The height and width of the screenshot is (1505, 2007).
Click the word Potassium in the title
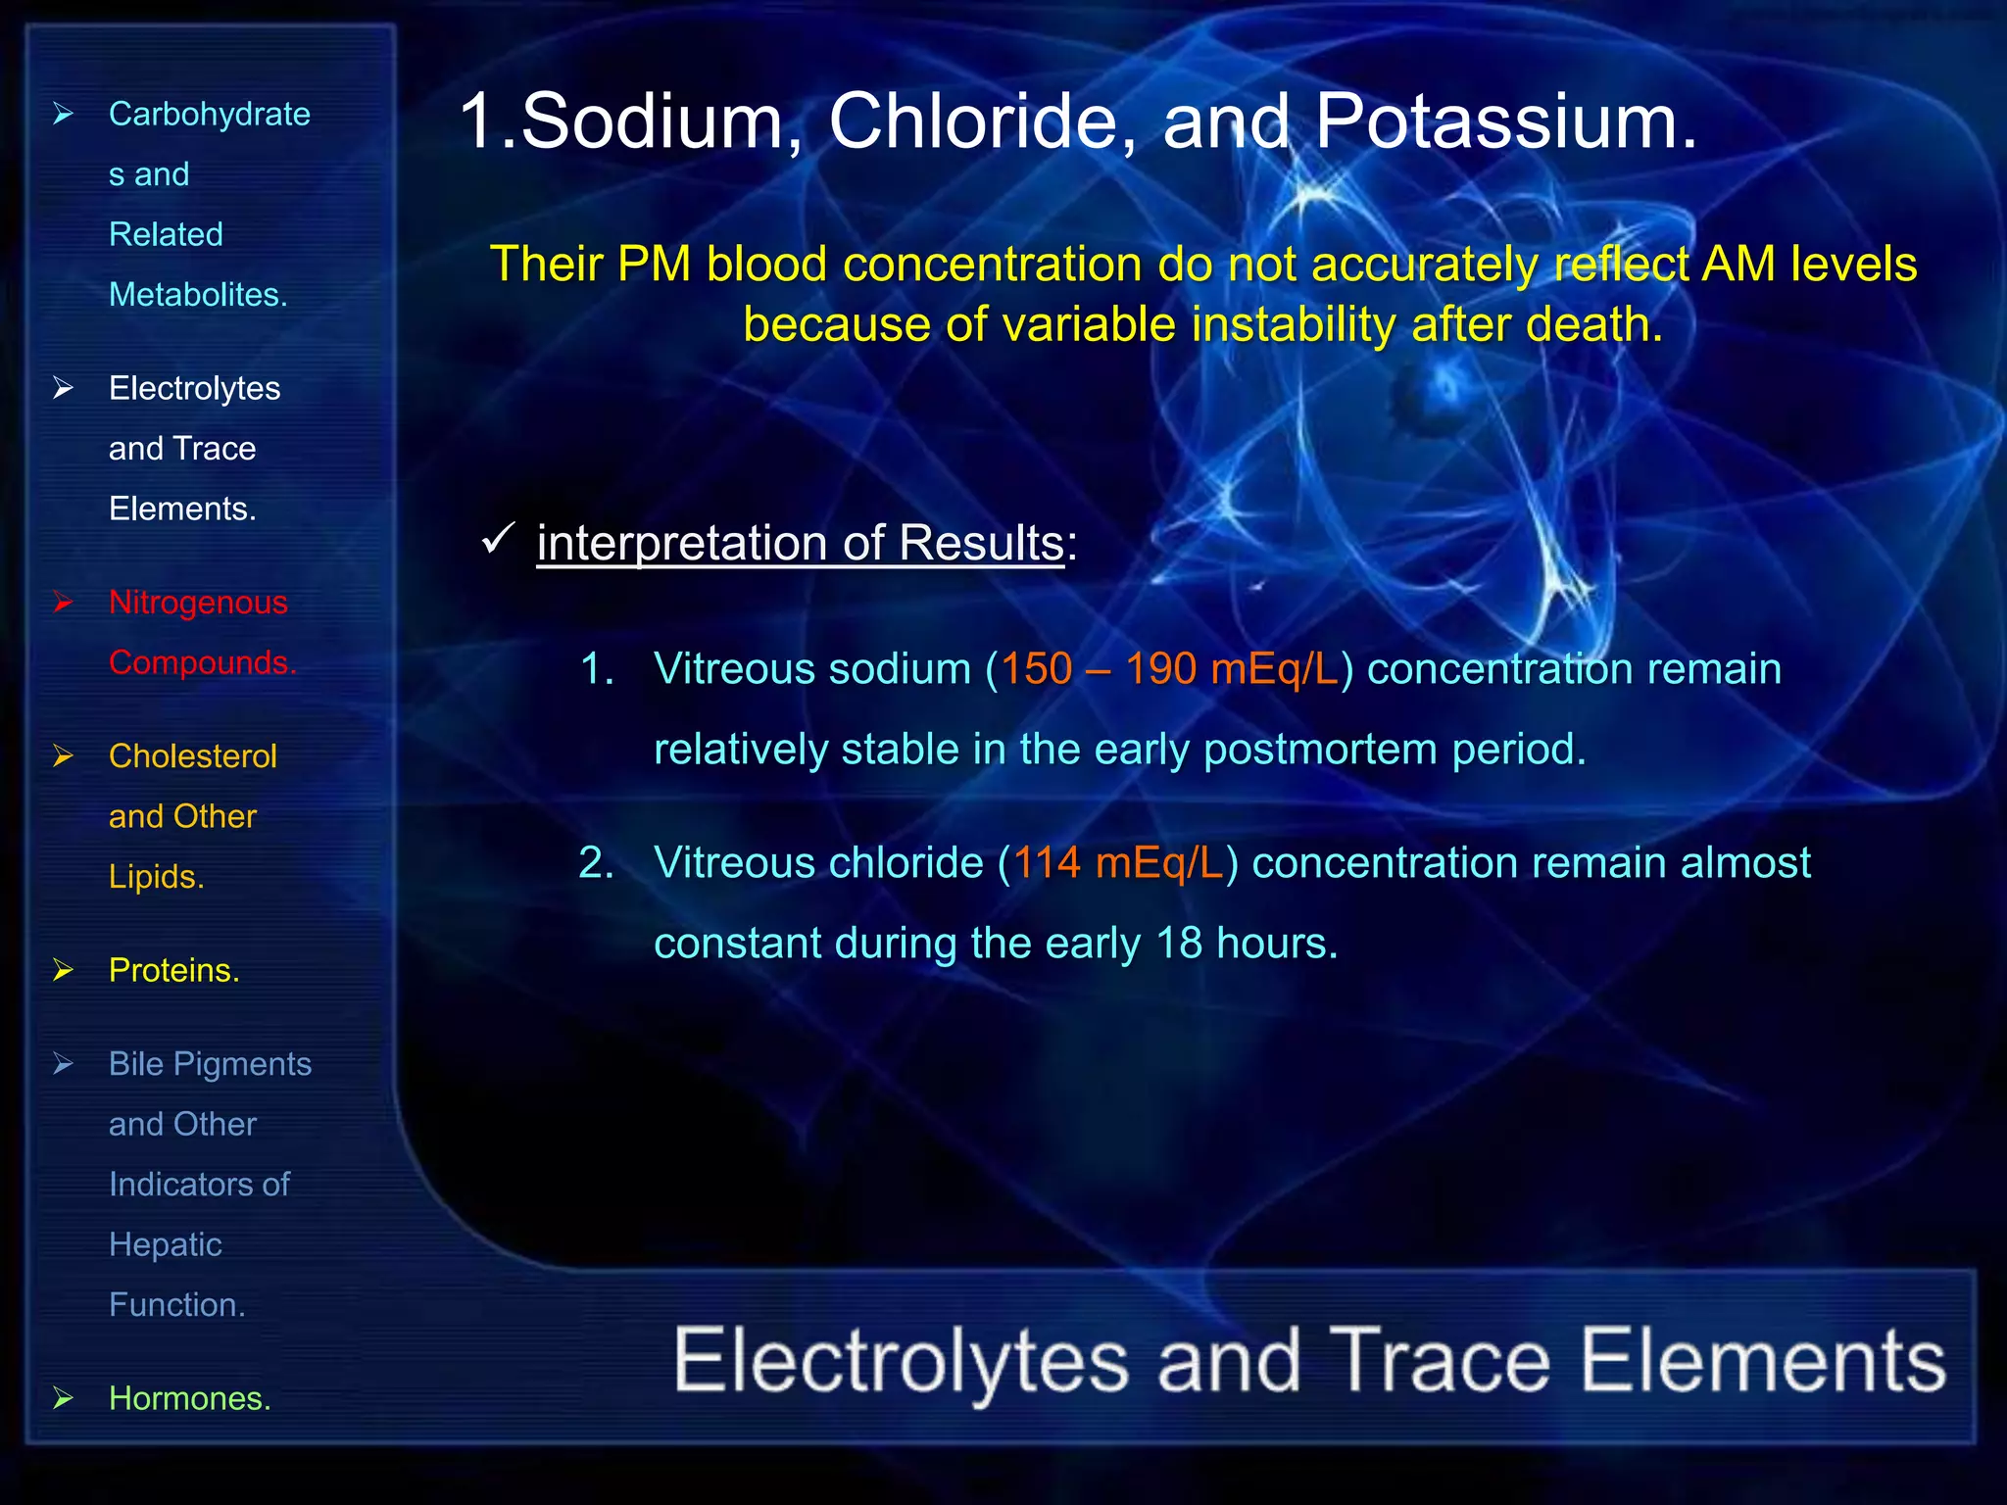[x=1504, y=122]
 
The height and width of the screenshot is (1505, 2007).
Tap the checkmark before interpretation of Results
[x=499, y=538]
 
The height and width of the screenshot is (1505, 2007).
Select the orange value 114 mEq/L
[x=1118, y=863]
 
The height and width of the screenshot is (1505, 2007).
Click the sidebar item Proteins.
[x=173, y=970]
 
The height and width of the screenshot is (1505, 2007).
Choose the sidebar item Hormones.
[x=189, y=1398]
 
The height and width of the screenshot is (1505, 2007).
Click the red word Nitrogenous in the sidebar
[x=198, y=603]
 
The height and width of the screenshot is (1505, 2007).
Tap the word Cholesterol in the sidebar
[x=192, y=756]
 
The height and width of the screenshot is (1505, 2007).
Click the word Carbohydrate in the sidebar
[x=209, y=115]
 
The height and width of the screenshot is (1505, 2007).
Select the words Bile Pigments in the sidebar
[x=210, y=1064]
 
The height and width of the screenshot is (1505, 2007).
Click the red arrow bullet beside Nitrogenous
[x=64, y=603]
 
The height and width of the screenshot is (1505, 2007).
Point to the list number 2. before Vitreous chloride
[x=596, y=863]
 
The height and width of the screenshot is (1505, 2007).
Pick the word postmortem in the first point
[x=1320, y=750]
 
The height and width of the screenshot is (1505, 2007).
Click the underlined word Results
[x=981, y=543]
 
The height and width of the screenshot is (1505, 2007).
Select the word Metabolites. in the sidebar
[x=198, y=295]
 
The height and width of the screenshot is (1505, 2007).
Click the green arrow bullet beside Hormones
[x=64, y=1398]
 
